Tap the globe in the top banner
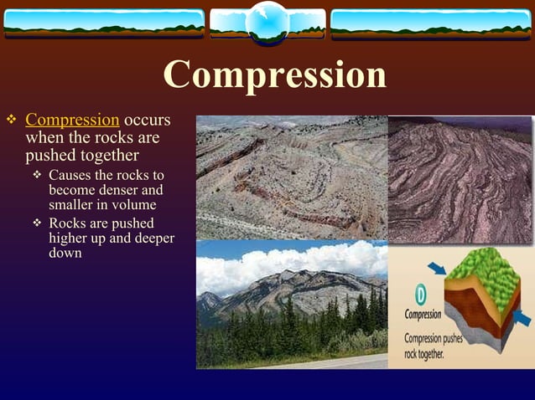[x=268, y=23]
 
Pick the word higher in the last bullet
[x=67, y=238]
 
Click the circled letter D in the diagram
[x=418, y=295]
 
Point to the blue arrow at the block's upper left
[x=436, y=268]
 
